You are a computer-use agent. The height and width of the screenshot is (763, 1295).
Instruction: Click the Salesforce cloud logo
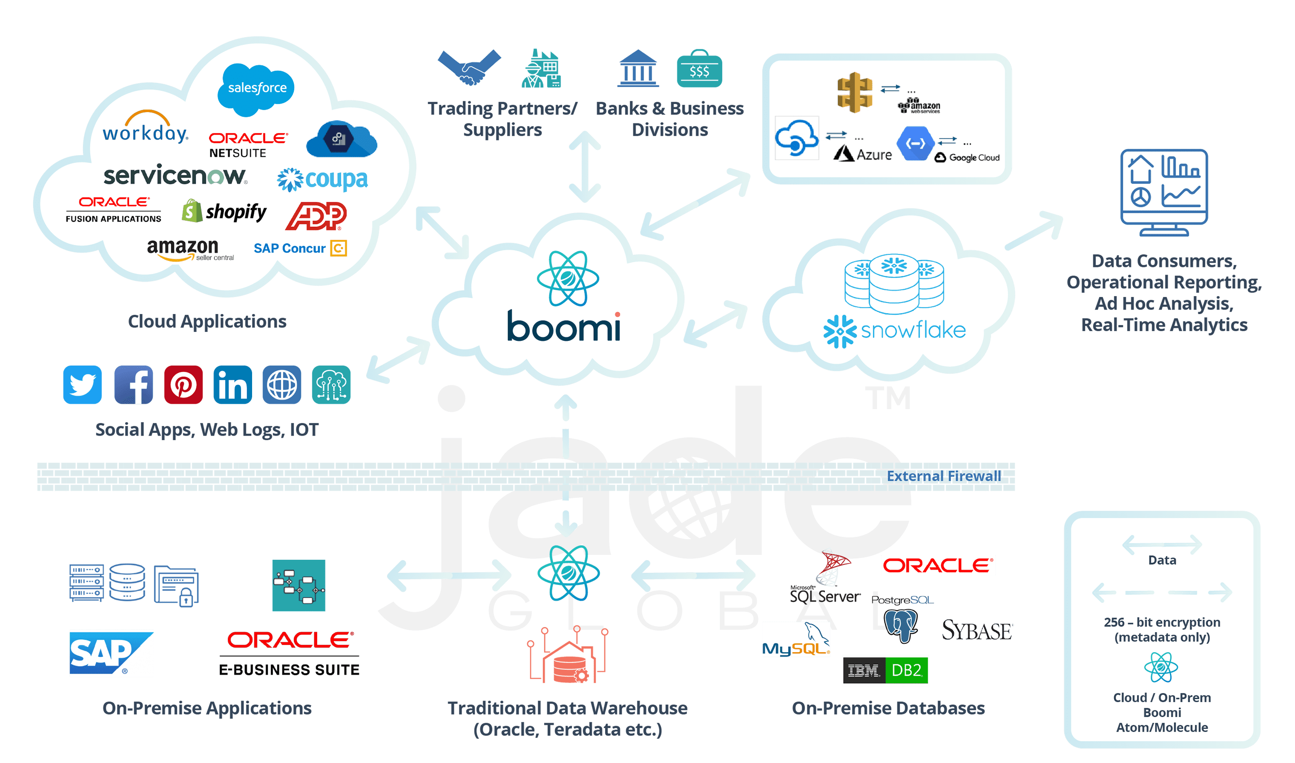(257, 88)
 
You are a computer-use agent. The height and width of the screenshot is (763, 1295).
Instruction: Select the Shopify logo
(224, 211)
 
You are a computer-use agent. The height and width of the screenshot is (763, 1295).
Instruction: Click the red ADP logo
(316, 216)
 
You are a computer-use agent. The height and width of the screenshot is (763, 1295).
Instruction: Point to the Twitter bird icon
(82, 384)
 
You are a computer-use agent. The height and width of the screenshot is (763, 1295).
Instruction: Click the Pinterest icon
(183, 384)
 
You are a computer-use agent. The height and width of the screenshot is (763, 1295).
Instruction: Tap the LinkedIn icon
(232, 384)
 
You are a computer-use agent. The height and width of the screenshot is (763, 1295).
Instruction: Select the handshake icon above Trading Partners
(469, 67)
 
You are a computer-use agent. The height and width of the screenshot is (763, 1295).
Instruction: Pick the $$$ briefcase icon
(699, 70)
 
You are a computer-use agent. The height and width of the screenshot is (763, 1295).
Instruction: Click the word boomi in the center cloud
(563, 326)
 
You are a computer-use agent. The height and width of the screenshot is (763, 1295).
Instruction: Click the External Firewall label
(944, 476)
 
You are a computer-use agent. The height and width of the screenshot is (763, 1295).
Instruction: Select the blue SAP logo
(111, 653)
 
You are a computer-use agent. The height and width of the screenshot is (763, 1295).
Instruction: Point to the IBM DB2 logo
(885, 671)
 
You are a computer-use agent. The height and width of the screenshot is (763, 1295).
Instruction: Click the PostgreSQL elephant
(901, 625)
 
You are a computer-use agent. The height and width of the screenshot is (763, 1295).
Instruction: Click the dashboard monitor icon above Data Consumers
(1164, 192)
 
